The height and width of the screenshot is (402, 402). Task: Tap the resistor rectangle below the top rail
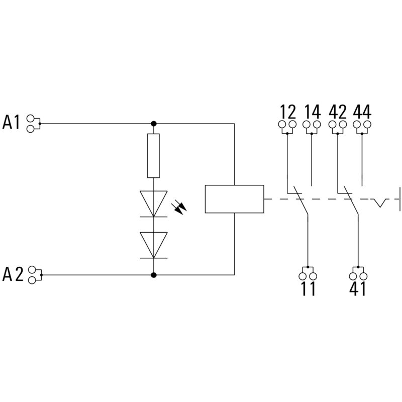coord(153,156)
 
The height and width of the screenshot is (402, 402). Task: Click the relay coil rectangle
coord(235,199)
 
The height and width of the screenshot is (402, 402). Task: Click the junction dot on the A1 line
coord(154,123)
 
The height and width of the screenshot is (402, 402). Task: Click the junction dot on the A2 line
coord(154,275)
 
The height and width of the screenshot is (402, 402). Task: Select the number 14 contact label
coord(312,110)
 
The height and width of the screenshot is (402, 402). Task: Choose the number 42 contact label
coord(338,110)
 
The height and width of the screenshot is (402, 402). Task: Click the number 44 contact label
coord(362,110)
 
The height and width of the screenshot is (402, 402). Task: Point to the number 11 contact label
coord(308,289)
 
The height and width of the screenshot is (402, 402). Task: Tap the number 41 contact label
coord(357,289)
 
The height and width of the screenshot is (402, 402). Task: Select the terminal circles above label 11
coord(308,275)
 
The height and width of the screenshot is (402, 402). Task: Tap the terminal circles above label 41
coord(357,275)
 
